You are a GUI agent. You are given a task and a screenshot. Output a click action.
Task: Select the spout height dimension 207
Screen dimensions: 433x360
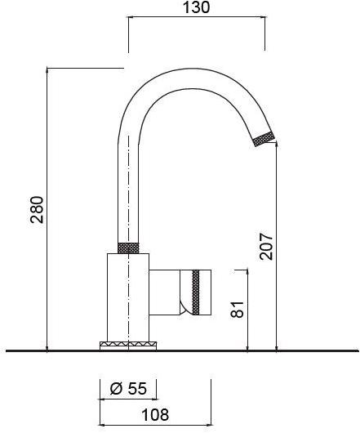266,243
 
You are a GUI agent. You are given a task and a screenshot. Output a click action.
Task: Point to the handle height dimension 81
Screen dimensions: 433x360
238,310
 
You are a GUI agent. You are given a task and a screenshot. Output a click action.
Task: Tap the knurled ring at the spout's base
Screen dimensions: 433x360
130,247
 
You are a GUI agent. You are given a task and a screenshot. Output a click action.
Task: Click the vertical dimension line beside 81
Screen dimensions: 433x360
248,310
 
